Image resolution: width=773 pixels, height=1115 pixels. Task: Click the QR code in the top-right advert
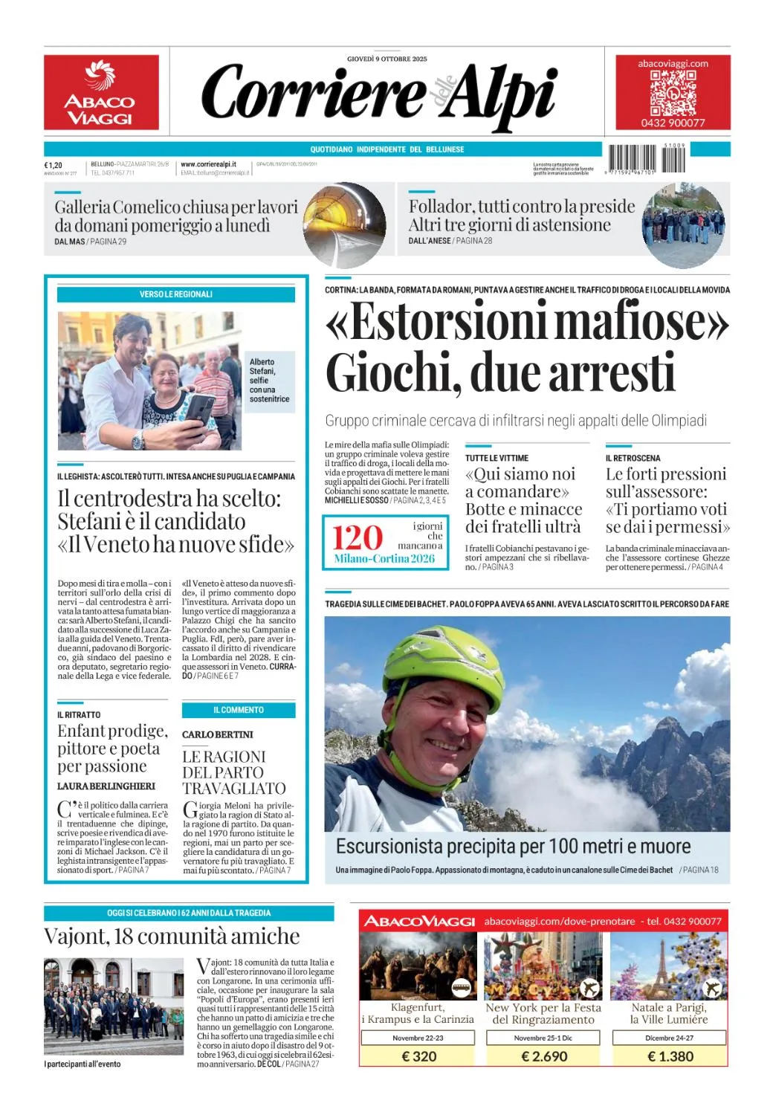673,93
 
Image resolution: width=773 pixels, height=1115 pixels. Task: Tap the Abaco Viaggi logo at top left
101,92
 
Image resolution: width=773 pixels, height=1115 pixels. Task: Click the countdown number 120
358,537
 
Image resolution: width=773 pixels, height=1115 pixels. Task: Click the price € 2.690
544,1056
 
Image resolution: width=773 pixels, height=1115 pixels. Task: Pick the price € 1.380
670,1056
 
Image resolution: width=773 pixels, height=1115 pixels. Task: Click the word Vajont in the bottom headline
73,936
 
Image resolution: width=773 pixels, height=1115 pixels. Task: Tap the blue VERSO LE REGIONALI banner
176,294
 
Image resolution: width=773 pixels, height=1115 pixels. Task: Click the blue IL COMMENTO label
239,710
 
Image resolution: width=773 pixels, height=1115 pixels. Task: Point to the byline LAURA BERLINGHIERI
106,786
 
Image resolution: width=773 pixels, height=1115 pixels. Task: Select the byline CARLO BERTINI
218,734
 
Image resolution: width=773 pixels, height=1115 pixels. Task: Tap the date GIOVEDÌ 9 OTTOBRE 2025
386,59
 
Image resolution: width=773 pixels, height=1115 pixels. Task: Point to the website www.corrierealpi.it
208,164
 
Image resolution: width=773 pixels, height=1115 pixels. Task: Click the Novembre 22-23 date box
418,1038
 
